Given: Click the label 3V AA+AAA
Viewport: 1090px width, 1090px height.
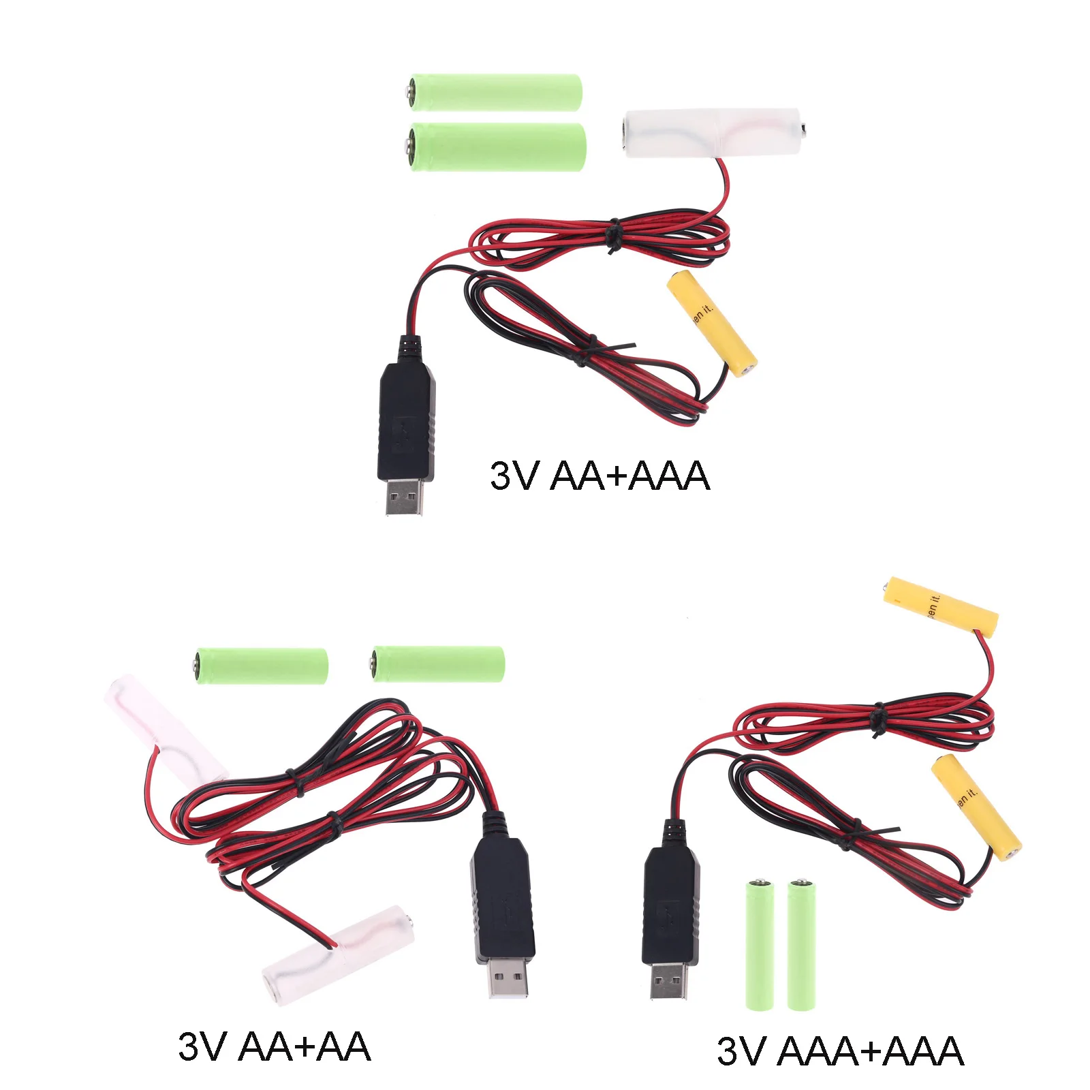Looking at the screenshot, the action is point(599,476).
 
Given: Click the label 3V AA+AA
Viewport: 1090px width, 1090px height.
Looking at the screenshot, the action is point(274,1046).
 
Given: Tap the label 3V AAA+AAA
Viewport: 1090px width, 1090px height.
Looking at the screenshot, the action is point(839,1050).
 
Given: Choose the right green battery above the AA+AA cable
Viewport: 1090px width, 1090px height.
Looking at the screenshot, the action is point(438,664).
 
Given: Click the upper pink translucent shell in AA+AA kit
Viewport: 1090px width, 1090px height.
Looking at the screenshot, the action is point(163,726).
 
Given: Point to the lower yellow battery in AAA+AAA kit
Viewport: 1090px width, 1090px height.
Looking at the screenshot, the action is point(976,807).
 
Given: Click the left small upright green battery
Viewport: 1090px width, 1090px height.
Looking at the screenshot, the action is point(759,944).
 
